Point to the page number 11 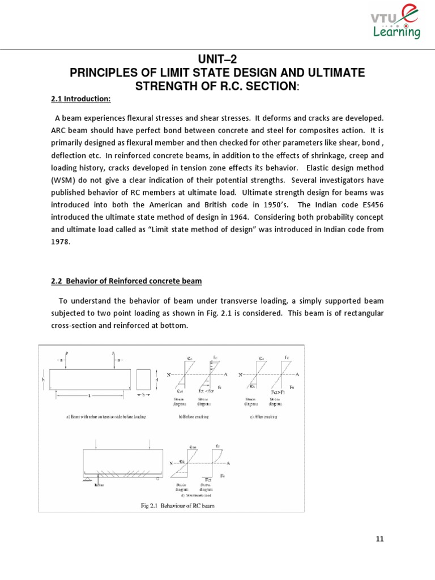(x=379, y=539)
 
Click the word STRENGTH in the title (x=164, y=86)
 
